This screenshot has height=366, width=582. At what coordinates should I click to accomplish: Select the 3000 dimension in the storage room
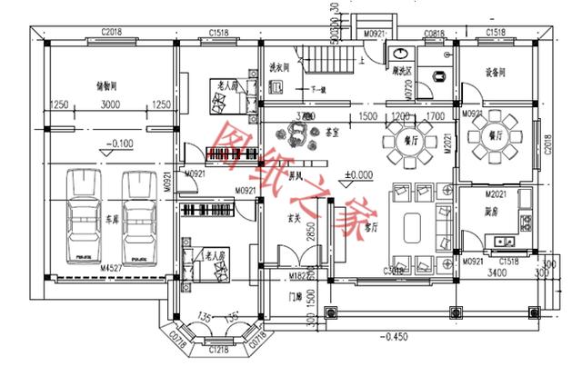pos(109,105)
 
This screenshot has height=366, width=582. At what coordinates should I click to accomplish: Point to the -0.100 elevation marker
pos(119,143)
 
